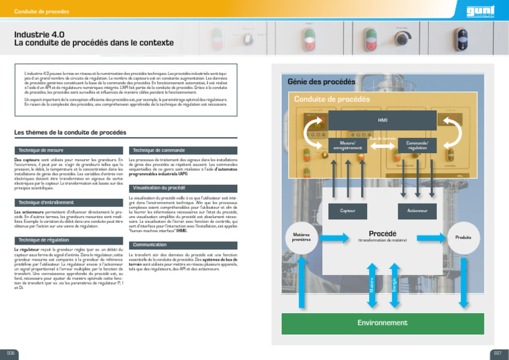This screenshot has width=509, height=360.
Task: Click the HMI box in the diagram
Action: pyautogui.click(x=382, y=121)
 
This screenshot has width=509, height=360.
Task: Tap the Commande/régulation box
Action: pyautogui.click(x=418, y=145)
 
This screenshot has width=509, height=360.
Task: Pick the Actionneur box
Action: pyautogui.click(x=418, y=211)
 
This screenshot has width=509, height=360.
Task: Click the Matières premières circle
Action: pyautogui.click(x=302, y=237)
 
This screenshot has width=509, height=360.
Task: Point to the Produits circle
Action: pyautogui.click(x=463, y=237)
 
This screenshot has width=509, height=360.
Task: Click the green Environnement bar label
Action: pyautogui.click(x=382, y=322)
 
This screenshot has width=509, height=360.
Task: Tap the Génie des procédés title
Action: pyautogui.click(x=321, y=82)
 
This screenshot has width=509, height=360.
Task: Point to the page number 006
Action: pyautogui.click(x=11, y=353)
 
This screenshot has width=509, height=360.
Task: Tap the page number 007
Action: pyautogui.click(x=497, y=353)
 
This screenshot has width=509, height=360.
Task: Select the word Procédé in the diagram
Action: pyautogui.click(x=382, y=233)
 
